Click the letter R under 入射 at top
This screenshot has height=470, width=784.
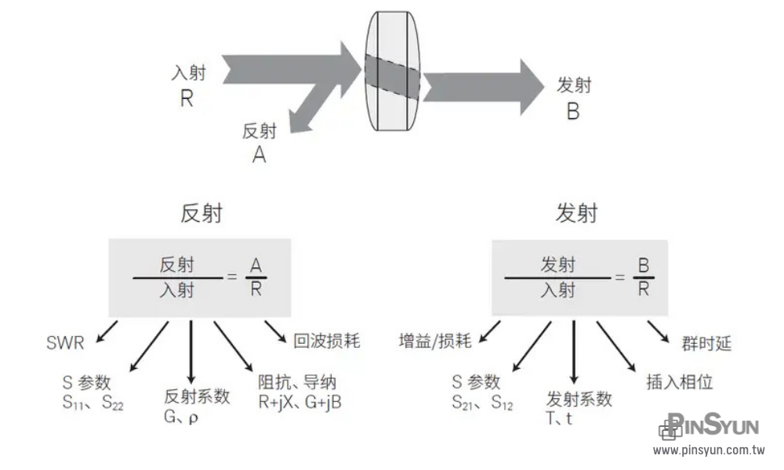pos(186,99)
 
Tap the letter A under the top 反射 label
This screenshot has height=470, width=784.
pos(259,155)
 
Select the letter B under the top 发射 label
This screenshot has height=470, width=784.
pos(573,111)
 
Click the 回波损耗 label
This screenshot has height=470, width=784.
pos(327,341)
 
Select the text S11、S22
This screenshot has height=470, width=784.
pos(93,403)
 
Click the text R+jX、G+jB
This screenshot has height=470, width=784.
pos(300,402)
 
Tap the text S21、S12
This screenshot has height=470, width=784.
pos(481,403)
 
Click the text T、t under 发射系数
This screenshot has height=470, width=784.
pos(558,418)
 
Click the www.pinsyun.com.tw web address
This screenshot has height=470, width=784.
pos(709,450)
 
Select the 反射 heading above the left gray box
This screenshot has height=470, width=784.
pos(201,213)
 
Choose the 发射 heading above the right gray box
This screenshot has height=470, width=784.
pos(576,213)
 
